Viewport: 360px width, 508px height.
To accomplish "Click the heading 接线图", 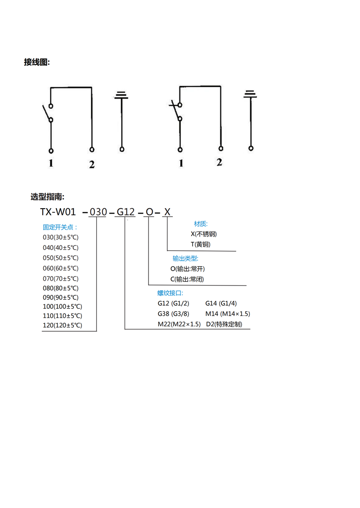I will pyautogui.click(x=37, y=62).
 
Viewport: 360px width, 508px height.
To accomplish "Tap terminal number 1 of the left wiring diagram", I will pyautogui.click(x=51, y=164).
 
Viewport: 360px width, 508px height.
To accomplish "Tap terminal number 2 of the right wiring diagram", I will pyautogui.click(x=219, y=162).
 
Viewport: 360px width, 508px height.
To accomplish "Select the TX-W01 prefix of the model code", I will pyautogui.click(x=58, y=212).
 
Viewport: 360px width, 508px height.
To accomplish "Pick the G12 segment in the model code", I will pyautogui.click(x=126, y=212).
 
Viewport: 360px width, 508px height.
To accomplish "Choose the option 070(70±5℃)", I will pyautogui.click(x=61, y=278).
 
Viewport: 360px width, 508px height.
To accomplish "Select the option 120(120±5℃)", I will pyautogui.click(x=63, y=325).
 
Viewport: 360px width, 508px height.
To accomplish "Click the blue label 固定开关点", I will pyautogui.click(x=60, y=227).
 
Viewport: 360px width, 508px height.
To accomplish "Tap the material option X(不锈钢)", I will pyautogui.click(x=207, y=234).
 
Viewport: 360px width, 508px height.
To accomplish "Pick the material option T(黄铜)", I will pyautogui.click(x=200, y=244).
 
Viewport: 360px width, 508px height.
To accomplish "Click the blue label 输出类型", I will pyautogui.click(x=185, y=258).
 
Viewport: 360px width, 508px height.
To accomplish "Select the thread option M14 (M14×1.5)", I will pyautogui.click(x=228, y=314).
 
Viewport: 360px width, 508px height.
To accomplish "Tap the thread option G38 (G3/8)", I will pyautogui.click(x=173, y=314).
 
